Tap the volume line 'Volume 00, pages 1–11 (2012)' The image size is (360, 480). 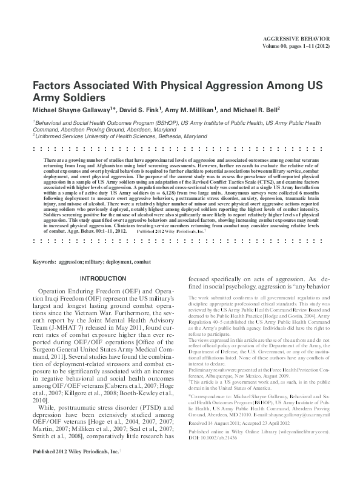(296, 44)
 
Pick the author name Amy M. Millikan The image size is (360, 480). (195, 109)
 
